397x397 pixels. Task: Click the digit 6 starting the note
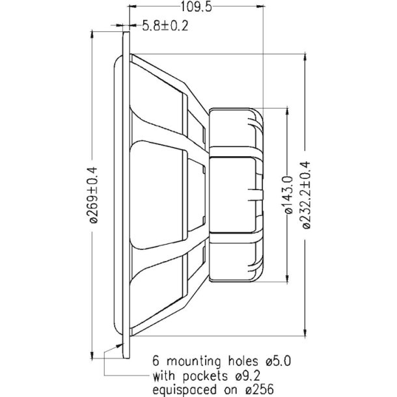point(155,359)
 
